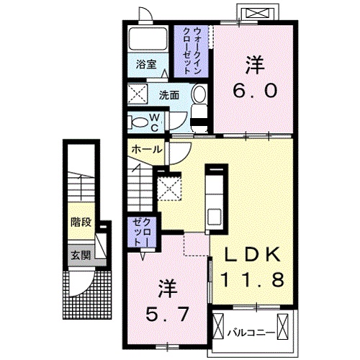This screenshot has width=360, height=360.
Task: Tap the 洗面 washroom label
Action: point(169,94)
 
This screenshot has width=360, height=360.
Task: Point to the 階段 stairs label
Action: point(80,222)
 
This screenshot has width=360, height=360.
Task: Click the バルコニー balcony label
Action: point(248,333)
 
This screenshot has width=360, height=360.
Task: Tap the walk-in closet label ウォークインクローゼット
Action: point(192,51)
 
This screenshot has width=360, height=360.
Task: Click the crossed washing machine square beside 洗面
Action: point(138,94)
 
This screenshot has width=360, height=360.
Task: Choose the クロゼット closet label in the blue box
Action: point(138,233)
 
